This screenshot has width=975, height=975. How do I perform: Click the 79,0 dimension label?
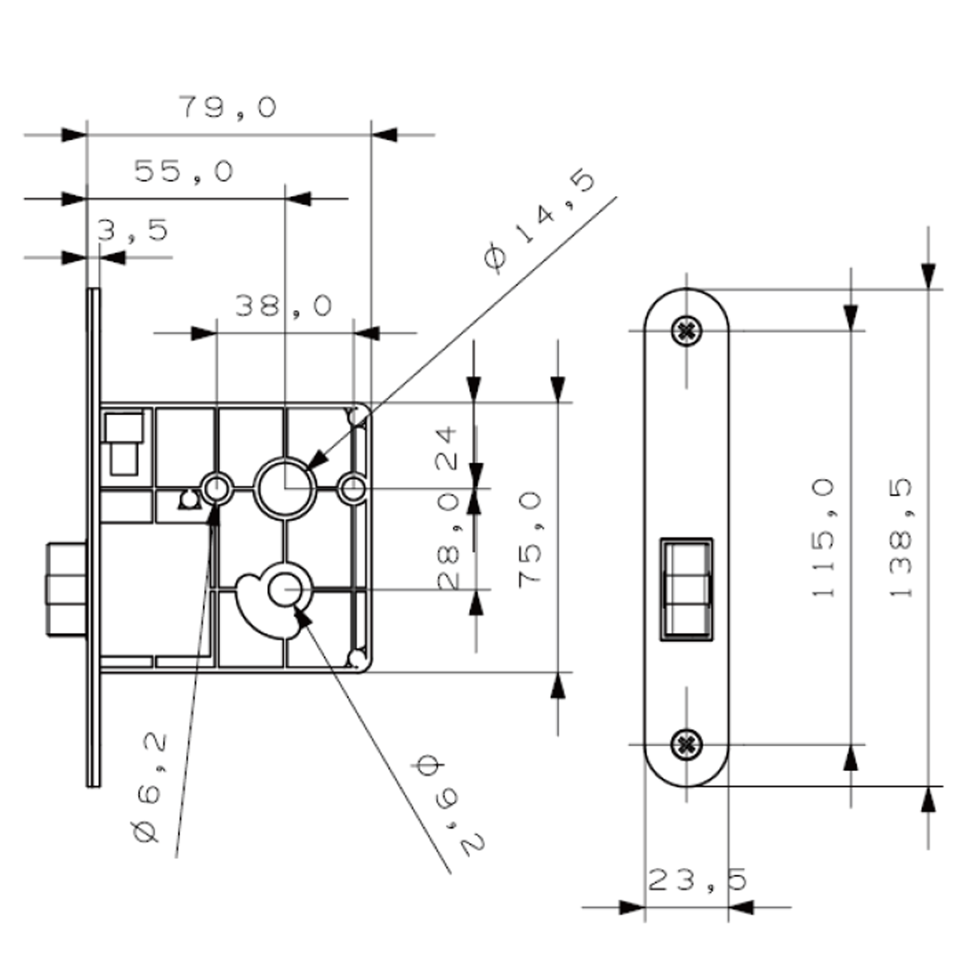point(228,107)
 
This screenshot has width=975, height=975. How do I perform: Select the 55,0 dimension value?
point(184,172)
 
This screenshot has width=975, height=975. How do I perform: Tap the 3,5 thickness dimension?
point(132,230)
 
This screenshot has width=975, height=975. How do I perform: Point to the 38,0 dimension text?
point(284,306)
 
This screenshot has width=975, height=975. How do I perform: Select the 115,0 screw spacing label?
point(823,538)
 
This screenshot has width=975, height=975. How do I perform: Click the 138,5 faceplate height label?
point(901,538)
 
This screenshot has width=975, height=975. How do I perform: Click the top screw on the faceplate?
point(686,331)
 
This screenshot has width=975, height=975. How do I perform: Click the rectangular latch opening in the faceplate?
point(686,589)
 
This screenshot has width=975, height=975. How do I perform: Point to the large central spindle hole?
point(285,488)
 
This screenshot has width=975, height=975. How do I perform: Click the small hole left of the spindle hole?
point(217,488)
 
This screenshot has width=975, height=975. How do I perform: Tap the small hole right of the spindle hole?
point(353,488)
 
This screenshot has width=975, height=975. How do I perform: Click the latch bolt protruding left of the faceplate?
point(67,589)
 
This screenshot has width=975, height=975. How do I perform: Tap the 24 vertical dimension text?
point(447,448)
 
